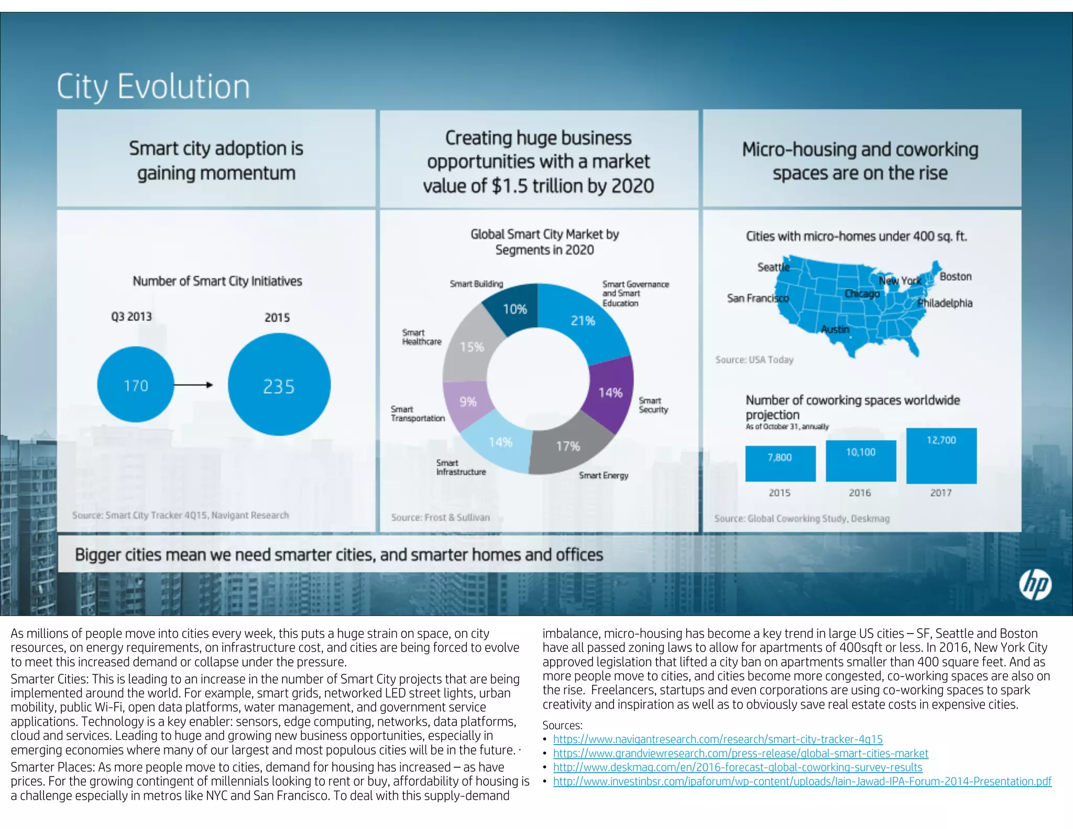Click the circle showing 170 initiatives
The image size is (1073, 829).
pos(135,385)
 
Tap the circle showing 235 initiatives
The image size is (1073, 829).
pos(279,385)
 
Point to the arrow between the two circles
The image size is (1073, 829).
pos(193,385)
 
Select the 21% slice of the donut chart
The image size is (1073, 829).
pos(583,320)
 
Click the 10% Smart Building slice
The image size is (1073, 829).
pos(514,309)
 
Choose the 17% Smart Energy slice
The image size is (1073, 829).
pos(568,446)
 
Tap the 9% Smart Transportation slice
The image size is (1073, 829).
pos(468,402)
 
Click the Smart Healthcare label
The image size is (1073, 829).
pos(421,337)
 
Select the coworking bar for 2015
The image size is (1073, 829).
pos(780,463)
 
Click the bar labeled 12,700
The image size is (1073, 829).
pos(941,455)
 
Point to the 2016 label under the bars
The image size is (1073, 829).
pos(860,493)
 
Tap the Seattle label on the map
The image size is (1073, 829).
pos(773,267)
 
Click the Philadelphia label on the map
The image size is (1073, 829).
pos(945,303)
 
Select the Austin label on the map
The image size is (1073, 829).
pos(835,329)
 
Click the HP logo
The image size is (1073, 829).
pos(1035,585)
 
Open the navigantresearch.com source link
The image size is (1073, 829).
pos(718,739)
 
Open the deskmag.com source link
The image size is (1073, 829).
pos(738,767)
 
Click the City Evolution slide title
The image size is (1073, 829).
pos(153,86)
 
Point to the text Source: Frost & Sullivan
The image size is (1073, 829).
pos(440,518)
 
